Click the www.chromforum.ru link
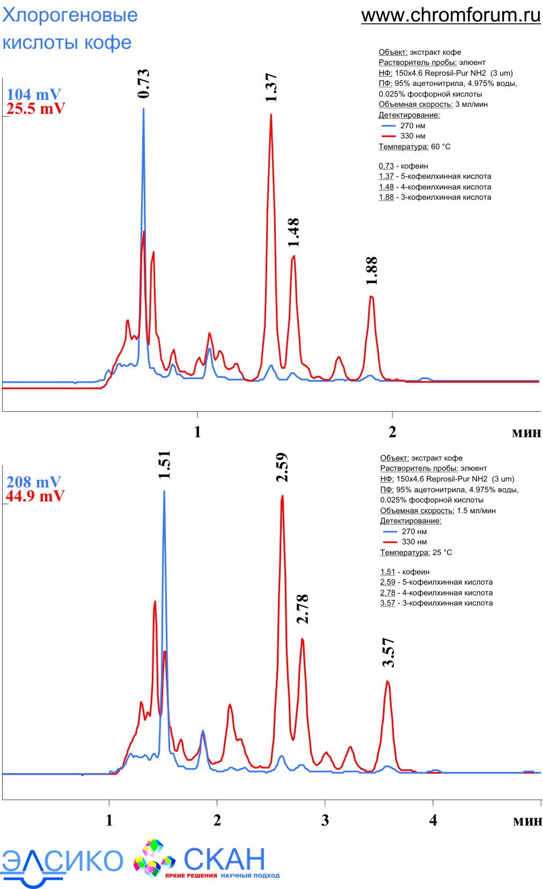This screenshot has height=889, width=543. (x=451, y=16)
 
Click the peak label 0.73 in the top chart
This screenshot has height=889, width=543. (x=143, y=84)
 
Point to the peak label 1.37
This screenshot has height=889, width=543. (x=271, y=88)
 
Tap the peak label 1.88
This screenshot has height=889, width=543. (x=371, y=271)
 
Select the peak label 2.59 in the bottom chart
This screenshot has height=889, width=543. (x=282, y=468)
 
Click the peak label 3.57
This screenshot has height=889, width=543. (x=388, y=652)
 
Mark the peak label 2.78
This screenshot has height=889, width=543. (x=303, y=609)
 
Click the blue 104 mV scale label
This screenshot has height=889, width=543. (x=33, y=94)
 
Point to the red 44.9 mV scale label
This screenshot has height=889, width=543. (x=35, y=496)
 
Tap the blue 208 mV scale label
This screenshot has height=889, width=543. (x=33, y=482)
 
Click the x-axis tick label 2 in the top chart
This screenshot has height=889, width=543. (x=392, y=432)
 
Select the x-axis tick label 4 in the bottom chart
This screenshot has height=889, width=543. (x=433, y=820)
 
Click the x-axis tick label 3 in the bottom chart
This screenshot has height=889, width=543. (x=325, y=820)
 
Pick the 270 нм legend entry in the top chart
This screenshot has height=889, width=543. (x=413, y=126)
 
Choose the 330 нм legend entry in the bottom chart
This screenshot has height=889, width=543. (x=414, y=542)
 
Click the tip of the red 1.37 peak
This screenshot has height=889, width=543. (x=271, y=114)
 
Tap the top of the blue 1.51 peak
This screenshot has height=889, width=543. (x=164, y=491)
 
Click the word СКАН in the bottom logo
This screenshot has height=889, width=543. (x=224, y=859)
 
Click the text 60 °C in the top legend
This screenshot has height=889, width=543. (x=441, y=147)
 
